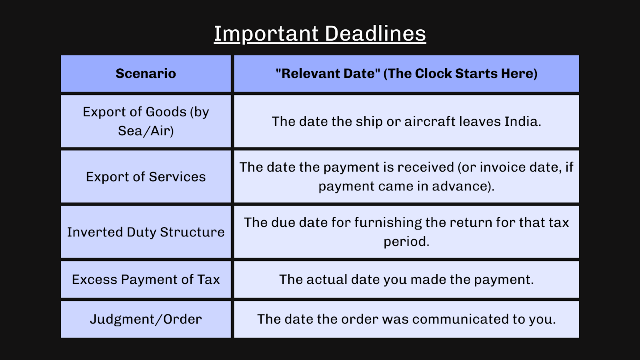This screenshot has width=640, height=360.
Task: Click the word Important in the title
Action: (266, 34)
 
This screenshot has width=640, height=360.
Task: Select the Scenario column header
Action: (146, 74)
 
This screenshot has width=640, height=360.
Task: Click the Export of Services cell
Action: (146, 177)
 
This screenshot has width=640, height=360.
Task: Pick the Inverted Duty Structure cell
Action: (146, 232)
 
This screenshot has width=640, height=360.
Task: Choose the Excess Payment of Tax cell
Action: (146, 279)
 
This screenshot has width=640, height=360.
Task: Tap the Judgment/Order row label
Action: (146, 319)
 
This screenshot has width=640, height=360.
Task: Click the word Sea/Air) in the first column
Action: (146, 131)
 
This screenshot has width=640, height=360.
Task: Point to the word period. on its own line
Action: (406, 242)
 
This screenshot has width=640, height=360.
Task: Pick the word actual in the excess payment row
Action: (327, 280)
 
